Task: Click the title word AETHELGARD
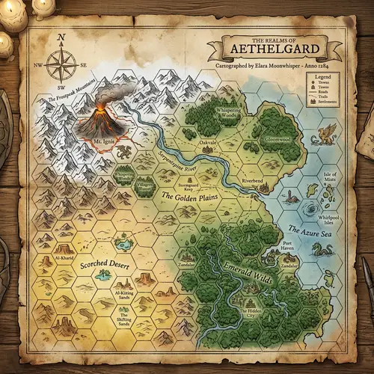[x=275, y=52]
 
